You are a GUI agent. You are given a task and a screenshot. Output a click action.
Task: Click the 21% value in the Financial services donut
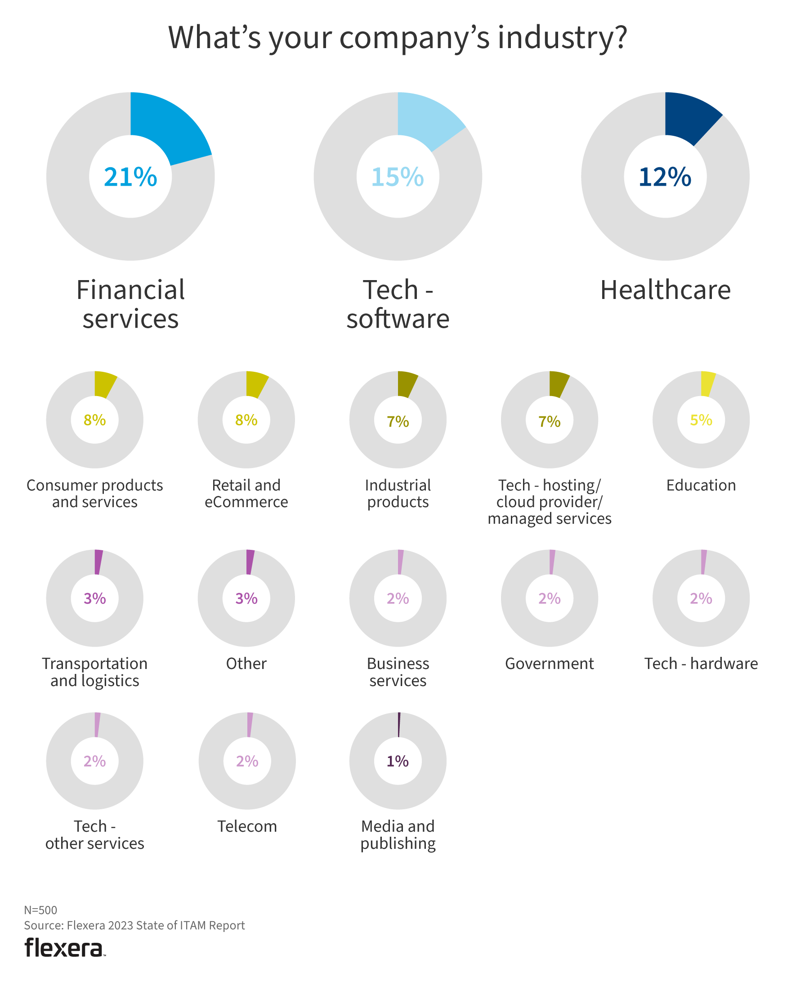pyautogui.click(x=130, y=177)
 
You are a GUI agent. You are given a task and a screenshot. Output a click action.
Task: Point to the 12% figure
pyautogui.click(x=665, y=177)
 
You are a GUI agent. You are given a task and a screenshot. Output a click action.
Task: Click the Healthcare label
pyautogui.click(x=665, y=290)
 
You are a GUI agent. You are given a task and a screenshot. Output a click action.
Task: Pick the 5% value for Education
pyautogui.click(x=701, y=420)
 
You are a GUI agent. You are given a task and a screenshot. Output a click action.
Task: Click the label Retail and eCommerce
pyautogui.click(x=246, y=493)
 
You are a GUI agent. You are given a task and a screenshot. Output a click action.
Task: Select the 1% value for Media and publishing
pyautogui.click(x=398, y=761)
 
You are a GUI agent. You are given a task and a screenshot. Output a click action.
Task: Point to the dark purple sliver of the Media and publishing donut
pyautogui.click(x=399, y=725)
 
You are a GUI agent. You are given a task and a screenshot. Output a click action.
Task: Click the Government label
pyautogui.click(x=549, y=663)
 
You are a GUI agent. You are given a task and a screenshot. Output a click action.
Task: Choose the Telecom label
pyautogui.click(x=247, y=826)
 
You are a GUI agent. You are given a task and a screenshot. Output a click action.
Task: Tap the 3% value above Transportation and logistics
pyautogui.click(x=95, y=598)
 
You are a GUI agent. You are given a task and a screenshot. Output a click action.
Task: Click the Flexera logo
pyautogui.click(x=64, y=948)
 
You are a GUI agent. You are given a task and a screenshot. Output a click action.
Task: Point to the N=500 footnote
pyautogui.click(x=41, y=910)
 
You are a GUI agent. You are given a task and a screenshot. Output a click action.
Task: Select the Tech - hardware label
pyautogui.click(x=701, y=663)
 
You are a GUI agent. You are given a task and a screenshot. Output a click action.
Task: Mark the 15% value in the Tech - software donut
pyautogui.click(x=398, y=177)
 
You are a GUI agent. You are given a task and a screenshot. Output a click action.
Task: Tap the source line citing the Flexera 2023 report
pyautogui.click(x=134, y=925)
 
